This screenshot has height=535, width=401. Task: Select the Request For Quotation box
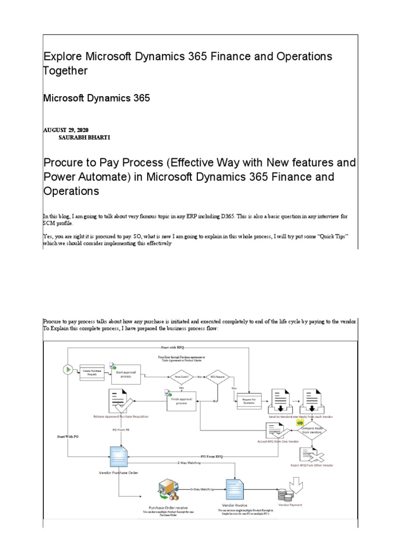(249, 401)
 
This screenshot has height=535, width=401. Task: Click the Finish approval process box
(181, 401)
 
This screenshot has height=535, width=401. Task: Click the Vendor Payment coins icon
(287, 494)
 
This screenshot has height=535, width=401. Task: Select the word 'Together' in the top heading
(65, 71)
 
